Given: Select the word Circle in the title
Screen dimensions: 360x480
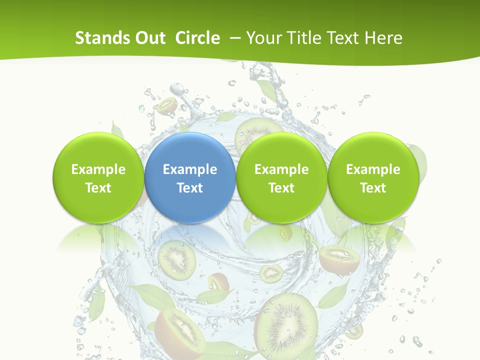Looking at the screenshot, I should pos(197,38).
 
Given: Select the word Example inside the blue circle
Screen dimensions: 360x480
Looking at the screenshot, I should pos(190,169).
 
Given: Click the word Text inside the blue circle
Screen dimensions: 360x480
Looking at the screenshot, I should pos(190,188).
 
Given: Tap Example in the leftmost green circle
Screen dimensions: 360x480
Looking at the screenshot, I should pos(98,169).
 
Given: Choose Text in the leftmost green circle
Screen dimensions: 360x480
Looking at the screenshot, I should pos(98,188).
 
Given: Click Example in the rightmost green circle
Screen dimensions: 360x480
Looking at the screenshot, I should pos(373,169).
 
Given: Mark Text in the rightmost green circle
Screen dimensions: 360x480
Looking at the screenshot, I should pos(373,188).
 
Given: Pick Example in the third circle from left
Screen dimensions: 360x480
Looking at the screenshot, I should pos(281,169).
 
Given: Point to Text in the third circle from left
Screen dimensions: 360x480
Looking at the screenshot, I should pos(281,188).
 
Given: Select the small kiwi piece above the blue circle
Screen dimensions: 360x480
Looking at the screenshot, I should pos(167,105).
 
